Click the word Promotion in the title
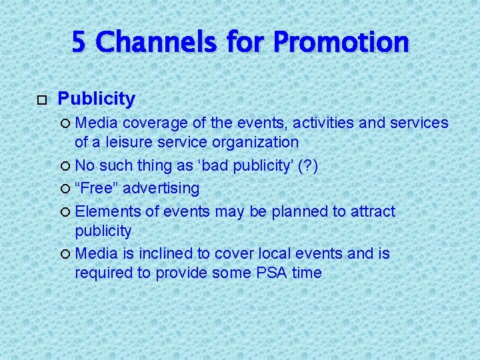pyautogui.click(x=341, y=42)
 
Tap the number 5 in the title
pyautogui.click(x=79, y=42)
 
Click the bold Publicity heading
pyautogui.click(x=97, y=99)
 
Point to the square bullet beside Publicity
pyautogui.click(x=41, y=100)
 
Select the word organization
pyautogui.click(x=257, y=141)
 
